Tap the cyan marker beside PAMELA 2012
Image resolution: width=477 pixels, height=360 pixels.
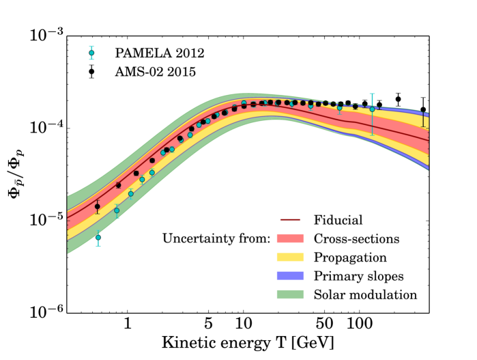click(91, 53)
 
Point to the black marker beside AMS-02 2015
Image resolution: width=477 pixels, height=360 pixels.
click(91, 71)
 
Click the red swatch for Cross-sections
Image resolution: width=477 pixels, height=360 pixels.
click(292, 238)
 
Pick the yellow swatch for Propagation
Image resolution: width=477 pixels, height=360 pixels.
click(292, 258)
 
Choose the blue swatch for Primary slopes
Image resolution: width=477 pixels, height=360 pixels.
click(292, 276)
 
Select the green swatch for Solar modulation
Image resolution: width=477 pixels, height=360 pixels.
click(292, 294)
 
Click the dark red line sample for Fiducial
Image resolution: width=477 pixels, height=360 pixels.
click(292, 220)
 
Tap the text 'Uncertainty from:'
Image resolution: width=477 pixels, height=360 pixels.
click(216, 239)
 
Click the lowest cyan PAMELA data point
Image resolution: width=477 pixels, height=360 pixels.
click(98, 237)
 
